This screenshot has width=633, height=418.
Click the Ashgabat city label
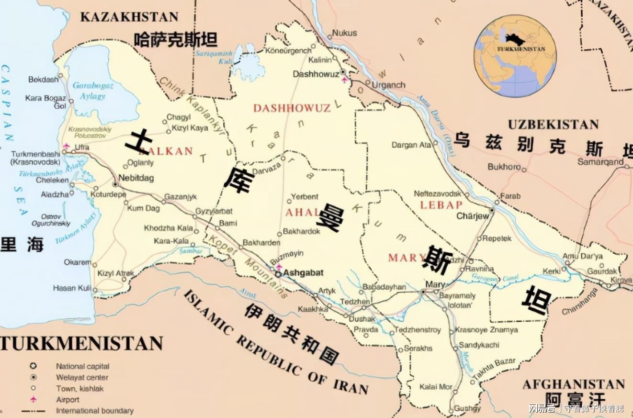pos(303,273)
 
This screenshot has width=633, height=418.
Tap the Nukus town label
pos(345,33)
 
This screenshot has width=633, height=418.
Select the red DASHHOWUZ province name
pos(292,108)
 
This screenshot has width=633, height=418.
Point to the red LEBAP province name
pos(441,205)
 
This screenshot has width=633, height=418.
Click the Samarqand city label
pos(600,162)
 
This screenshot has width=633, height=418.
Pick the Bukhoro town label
pos(504,167)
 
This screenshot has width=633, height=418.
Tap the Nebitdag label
pos(136,177)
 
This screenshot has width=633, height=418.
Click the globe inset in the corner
pos(515,56)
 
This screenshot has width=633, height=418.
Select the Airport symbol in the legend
pos(34,399)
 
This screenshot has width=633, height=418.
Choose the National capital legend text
pos(82,366)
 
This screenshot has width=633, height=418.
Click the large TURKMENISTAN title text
pos(81,343)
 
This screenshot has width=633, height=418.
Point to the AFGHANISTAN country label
pos(573,384)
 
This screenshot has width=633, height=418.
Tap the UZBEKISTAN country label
pos(553,124)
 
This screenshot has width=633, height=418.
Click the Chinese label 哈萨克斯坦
pos(175,39)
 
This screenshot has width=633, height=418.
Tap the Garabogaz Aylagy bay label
pos(93,90)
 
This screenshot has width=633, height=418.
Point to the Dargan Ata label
pos(411,144)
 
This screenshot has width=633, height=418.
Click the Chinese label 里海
pos(22,244)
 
